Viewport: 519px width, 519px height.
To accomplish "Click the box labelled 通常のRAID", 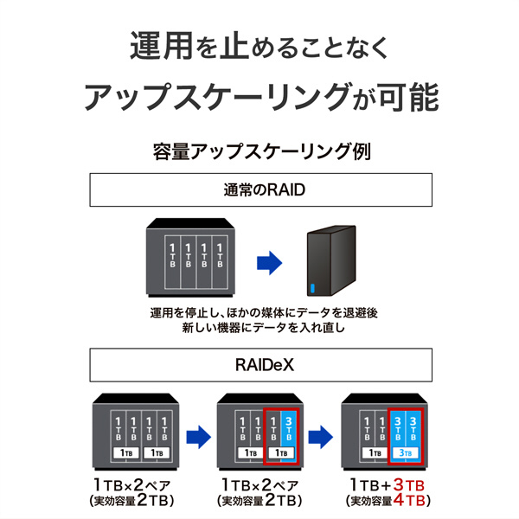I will [259, 190].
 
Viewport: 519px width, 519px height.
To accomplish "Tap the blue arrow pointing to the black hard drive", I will [272, 260].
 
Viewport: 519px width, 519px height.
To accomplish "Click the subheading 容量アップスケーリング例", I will [259, 152].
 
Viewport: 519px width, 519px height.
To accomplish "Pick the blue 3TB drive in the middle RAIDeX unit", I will [289, 426].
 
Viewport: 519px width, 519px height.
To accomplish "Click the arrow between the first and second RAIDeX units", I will [199, 432].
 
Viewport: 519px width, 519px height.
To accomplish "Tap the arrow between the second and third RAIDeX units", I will [323, 432].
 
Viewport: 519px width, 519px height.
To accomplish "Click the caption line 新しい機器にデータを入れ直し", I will [259, 329].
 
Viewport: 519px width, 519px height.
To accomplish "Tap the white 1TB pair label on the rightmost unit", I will [374, 452].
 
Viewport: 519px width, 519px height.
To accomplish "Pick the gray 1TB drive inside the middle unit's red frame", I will [272, 426].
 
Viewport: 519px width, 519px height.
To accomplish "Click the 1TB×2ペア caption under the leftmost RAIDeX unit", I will [131, 483].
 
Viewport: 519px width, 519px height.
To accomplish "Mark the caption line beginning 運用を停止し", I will [259, 312].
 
